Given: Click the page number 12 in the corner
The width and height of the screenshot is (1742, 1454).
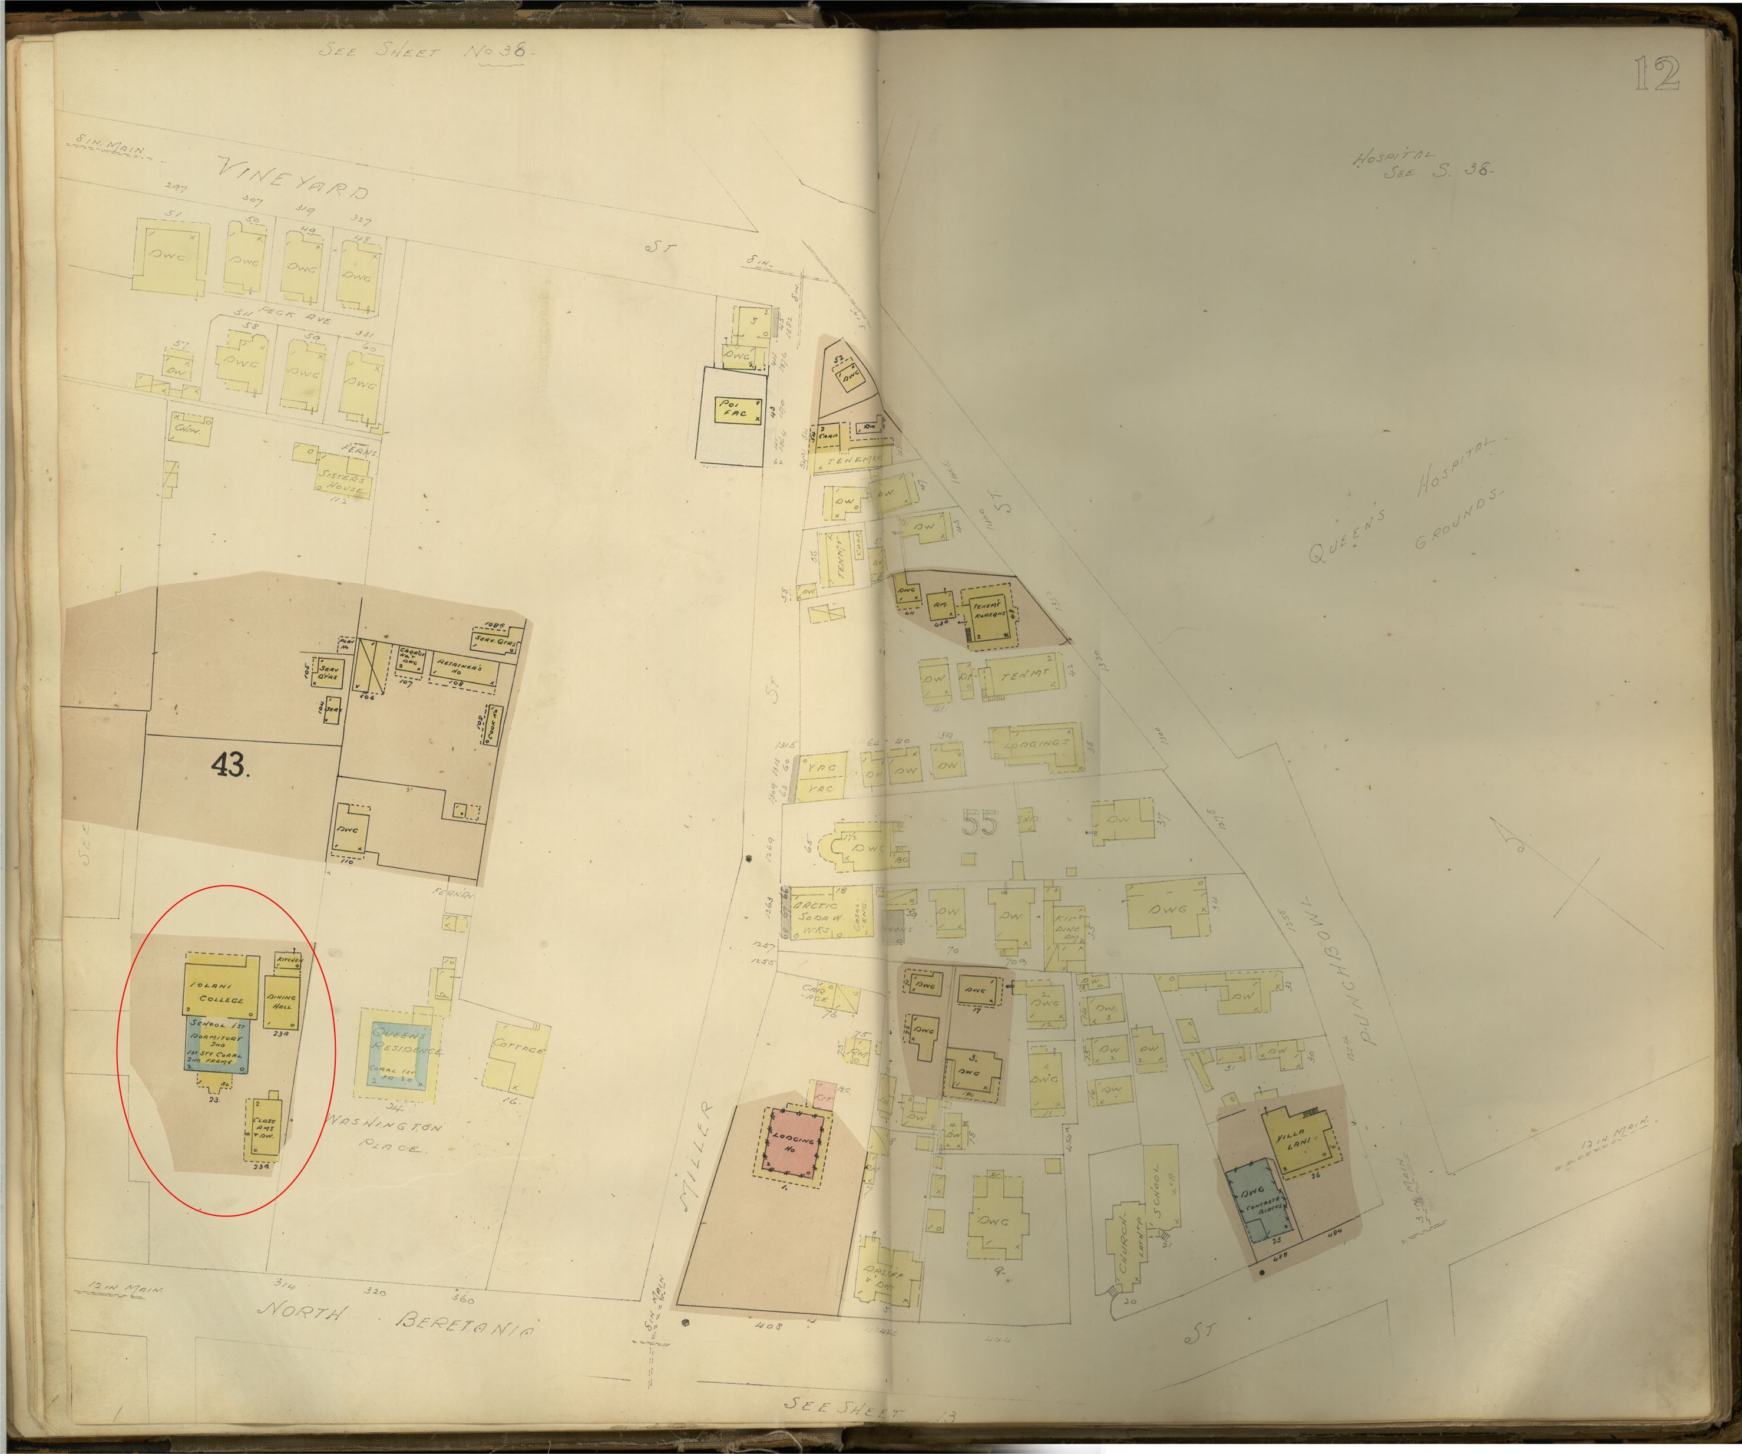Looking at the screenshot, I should click(1657, 75).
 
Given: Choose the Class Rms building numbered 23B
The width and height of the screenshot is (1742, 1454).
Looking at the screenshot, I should click(265, 1130).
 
